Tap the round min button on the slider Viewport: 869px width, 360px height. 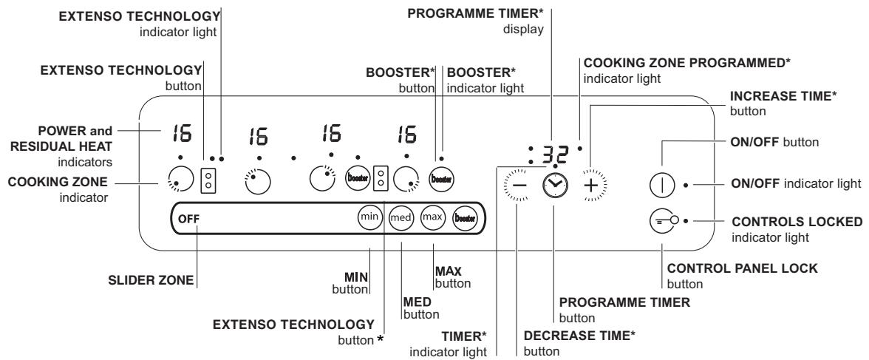(368, 217)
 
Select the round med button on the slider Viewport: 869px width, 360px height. (402, 218)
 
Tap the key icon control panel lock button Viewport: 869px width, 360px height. (661, 220)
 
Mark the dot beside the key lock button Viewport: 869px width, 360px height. (686, 220)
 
